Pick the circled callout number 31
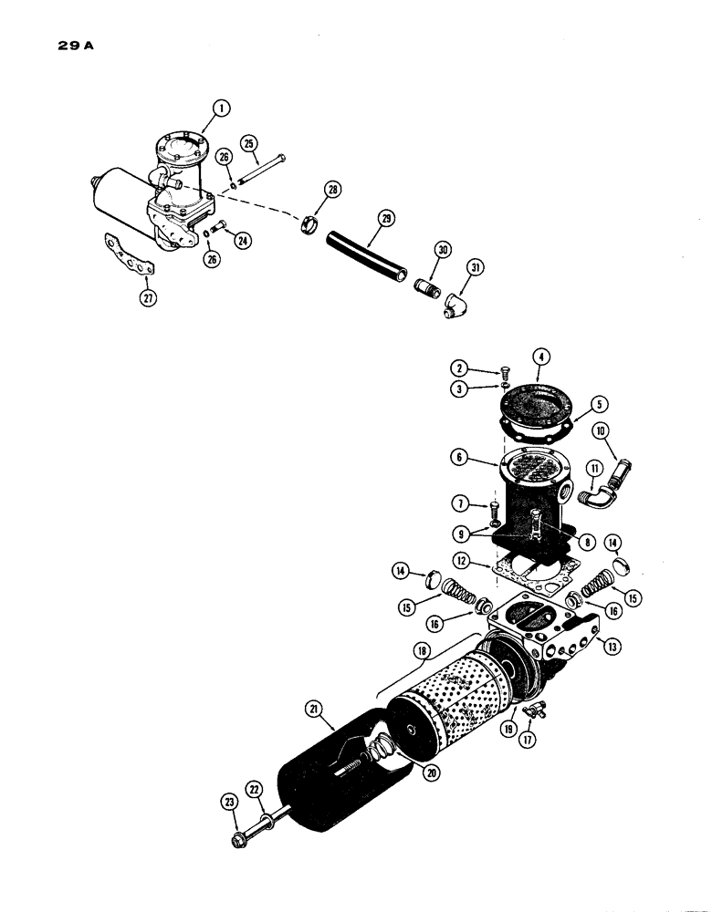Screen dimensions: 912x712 (x=475, y=267)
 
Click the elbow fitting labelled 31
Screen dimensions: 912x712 (x=456, y=304)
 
